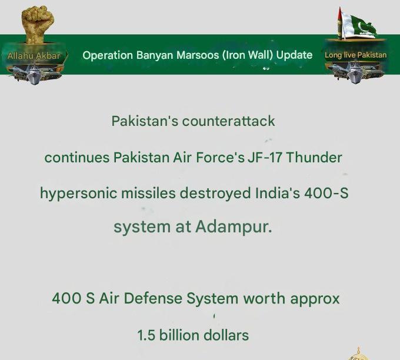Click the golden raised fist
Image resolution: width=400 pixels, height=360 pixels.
pos(38,24)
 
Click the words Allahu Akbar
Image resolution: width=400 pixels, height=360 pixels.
pos(34,56)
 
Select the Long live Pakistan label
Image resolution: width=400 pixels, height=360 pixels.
pos(356,55)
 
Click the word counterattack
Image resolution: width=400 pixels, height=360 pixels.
pos(228,121)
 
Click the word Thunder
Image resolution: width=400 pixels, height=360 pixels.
pos(314,158)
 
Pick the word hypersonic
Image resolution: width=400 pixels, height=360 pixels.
pos(78,194)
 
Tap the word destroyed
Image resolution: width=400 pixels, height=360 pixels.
pos(215,193)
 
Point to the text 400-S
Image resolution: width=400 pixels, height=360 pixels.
pos(326,193)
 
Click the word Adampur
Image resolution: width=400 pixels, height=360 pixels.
pos(234,227)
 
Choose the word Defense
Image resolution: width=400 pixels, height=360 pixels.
pos(153,298)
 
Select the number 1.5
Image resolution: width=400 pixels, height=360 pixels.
pos(146,335)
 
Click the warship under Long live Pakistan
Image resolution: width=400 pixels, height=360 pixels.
pos(356,74)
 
